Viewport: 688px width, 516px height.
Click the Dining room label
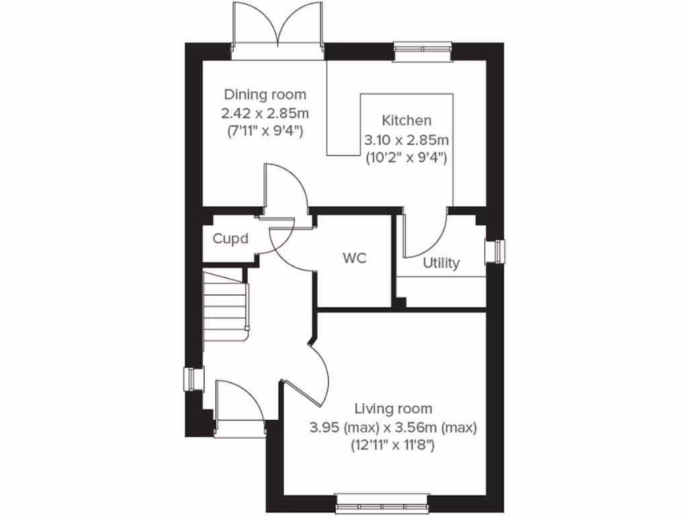pos(265,94)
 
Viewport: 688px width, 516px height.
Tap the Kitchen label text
pos(406,121)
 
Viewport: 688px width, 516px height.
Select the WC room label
pos(354,259)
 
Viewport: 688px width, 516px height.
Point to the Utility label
pos(441,263)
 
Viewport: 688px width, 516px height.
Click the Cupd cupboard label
pos(230,239)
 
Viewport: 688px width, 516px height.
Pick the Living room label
pos(393,408)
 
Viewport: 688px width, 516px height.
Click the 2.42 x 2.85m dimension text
pos(265,112)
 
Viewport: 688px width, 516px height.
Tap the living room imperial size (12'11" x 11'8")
pos(393,444)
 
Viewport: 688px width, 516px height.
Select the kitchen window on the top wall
pos(423,52)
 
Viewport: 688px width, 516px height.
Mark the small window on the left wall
pos(193,379)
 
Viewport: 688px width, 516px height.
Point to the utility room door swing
pos(423,235)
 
